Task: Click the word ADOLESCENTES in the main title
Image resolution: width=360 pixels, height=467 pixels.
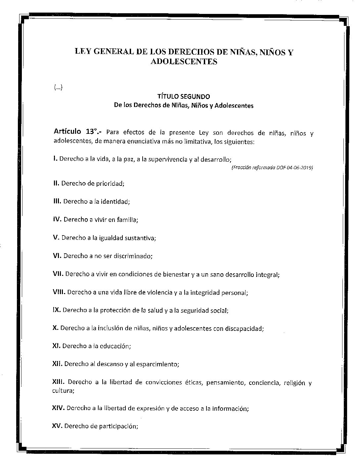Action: [184, 62]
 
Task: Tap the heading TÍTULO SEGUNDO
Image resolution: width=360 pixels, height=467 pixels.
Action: [184, 97]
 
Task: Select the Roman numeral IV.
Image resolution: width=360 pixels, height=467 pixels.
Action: [57, 219]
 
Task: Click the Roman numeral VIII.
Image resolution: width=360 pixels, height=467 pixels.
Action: [59, 292]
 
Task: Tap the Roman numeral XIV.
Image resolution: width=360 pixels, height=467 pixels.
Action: [59, 408]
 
